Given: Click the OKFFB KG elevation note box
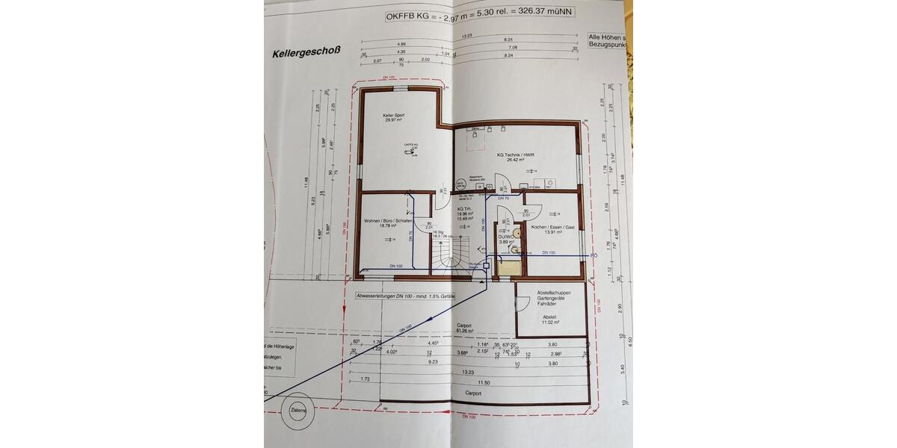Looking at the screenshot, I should (480, 15).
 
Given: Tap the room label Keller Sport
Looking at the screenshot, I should (393, 116).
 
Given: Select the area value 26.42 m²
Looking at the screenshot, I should (516, 161).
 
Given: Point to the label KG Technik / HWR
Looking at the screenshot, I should (516, 155).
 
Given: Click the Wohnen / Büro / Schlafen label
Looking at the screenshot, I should (389, 222).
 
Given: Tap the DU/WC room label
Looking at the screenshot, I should (505, 236).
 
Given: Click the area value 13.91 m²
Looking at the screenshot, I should (552, 231).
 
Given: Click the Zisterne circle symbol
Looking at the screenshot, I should (298, 410).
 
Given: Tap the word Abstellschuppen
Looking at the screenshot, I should (554, 293).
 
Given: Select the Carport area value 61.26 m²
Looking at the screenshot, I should (464, 331).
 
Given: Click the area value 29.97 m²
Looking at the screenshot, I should (393, 121).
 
